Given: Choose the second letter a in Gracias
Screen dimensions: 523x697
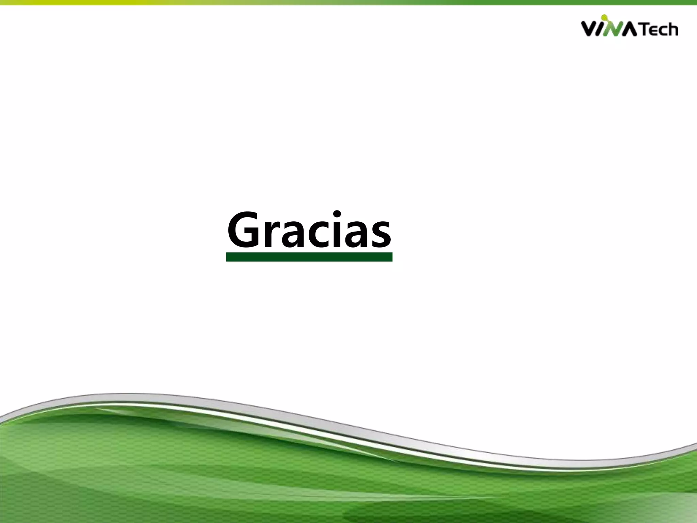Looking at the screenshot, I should coord(356,234).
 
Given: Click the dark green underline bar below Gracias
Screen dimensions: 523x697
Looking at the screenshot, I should coord(309,257).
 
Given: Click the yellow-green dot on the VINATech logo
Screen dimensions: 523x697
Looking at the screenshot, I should coord(604,17).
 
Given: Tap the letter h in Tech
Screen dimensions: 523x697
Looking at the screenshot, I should coord(672,29).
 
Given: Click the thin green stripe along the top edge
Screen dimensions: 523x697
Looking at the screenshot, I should coord(348,2).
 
